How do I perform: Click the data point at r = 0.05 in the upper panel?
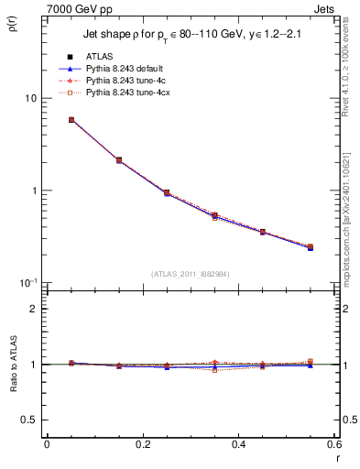(71, 120)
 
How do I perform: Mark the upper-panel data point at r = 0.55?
(310, 246)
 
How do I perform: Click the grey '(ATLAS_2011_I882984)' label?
(190, 273)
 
